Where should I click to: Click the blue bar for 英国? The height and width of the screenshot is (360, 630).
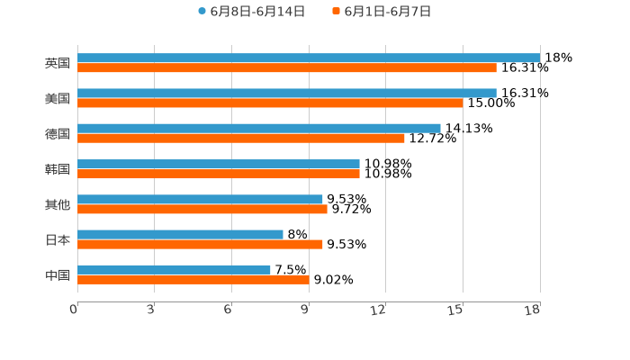point(309,58)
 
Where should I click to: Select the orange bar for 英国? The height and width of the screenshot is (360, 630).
point(287,68)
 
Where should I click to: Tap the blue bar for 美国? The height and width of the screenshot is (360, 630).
point(287,93)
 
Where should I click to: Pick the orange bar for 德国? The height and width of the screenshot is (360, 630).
point(241,139)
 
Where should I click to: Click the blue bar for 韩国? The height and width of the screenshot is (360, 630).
point(219,164)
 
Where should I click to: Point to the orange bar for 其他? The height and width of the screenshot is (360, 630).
point(202,209)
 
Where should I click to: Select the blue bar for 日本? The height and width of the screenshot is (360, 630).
point(180,234)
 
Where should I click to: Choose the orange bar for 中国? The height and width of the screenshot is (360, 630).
point(193,280)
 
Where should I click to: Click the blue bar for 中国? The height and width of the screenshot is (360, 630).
point(174,269)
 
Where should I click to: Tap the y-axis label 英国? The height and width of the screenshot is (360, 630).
point(58,63)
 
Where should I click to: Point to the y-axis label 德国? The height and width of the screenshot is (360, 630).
point(58,133)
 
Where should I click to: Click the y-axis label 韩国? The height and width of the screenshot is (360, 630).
point(58,169)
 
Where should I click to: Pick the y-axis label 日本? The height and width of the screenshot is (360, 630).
point(58,239)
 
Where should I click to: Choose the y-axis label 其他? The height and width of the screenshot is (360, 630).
point(58,204)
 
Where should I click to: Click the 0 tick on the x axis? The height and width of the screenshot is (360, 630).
point(74,310)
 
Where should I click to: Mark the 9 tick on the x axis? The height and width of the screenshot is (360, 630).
point(305,310)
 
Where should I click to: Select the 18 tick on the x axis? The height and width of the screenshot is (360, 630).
point(533,310)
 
